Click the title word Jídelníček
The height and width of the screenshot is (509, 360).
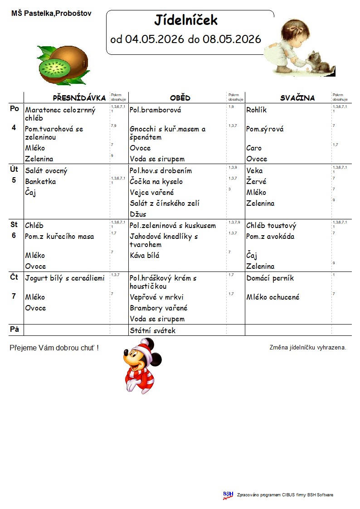[x=186, y=20]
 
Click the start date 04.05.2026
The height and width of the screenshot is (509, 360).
[x=155, y=39]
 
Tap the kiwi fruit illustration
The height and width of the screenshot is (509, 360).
[x=63, y=66]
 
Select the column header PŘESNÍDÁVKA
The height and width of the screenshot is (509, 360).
[x=79, y=98]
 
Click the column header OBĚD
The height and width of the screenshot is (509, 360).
[x=180, y=98]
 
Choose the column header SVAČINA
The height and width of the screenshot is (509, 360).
[x=297, y=98]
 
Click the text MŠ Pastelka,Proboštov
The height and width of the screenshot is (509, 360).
[x=51, y=14]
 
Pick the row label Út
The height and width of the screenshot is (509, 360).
[x=14, y=169]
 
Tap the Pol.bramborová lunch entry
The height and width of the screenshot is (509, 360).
[x=156, y=110]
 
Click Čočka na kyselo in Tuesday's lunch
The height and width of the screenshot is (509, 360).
[x=156, y=182]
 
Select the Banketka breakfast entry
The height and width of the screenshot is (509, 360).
[x=41, y=182]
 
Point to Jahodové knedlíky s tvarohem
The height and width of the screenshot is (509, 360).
[x=164, y=240]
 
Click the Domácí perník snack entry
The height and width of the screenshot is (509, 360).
[x=270, y=278]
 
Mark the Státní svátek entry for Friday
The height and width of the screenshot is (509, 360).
[x=153, y=330]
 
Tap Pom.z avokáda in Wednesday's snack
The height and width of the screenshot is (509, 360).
[x=270, y=237]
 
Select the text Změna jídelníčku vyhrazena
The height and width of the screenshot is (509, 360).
[x=308, y=348]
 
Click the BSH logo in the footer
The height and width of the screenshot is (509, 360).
[x=228, y=494]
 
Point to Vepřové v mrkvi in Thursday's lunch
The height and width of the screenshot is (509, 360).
[x=156, y=297]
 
